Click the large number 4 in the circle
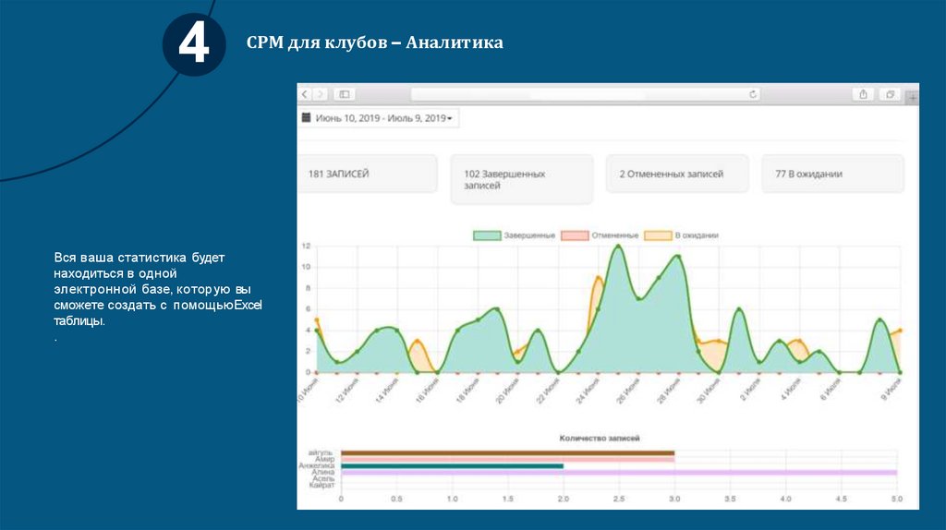click(194, 44)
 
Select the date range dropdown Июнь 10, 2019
click(380, 118)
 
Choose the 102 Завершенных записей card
click(521, 179)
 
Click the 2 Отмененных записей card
click(676, 174)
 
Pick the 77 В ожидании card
click(832, 174)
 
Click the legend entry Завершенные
click(515, 235)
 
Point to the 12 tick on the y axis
click(306, 246)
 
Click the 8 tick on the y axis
click(307, 288)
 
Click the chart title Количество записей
click(600, 438)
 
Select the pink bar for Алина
click(730, 472)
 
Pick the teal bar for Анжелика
click(452, 466)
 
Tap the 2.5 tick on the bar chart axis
click(618, 500)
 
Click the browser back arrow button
click(305, 94)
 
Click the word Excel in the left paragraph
click(248, 305)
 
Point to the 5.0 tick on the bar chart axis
click(896, 500)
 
